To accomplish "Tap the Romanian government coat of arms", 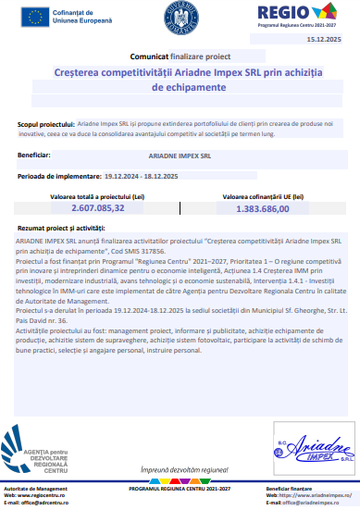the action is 181,17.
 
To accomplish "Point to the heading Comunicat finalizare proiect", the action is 180,56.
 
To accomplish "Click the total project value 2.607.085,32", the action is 90,209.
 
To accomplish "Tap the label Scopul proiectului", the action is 43,123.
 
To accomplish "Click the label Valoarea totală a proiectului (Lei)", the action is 89,197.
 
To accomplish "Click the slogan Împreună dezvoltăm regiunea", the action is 181,471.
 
